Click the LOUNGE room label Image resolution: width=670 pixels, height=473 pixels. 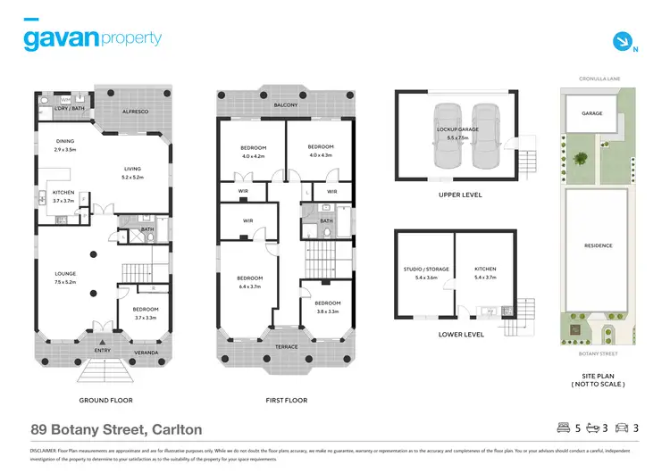point(65,278)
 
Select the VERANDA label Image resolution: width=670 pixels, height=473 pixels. point(145,353)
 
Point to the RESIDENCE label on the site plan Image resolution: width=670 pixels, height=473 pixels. point(599,245)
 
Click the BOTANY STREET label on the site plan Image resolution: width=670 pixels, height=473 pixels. point(599,354)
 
